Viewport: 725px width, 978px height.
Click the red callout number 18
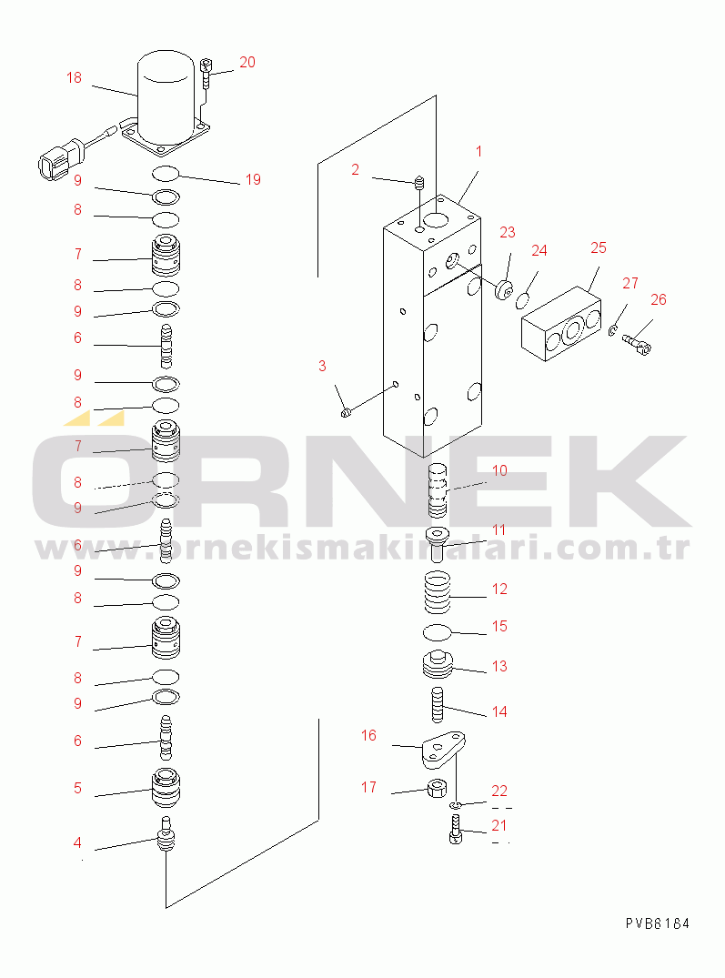74,78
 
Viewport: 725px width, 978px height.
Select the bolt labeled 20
207,74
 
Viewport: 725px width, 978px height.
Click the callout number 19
253,179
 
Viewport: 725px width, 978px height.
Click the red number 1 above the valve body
478,151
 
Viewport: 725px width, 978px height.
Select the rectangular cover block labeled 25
562,328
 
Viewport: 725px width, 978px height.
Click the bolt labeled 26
639,339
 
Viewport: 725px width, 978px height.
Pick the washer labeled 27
614,329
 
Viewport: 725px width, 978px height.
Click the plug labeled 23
500,289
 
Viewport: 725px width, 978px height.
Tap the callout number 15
499,626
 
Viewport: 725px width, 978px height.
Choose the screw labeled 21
456,831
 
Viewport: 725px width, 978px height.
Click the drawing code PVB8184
657,923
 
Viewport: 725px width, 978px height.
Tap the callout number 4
77,843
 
